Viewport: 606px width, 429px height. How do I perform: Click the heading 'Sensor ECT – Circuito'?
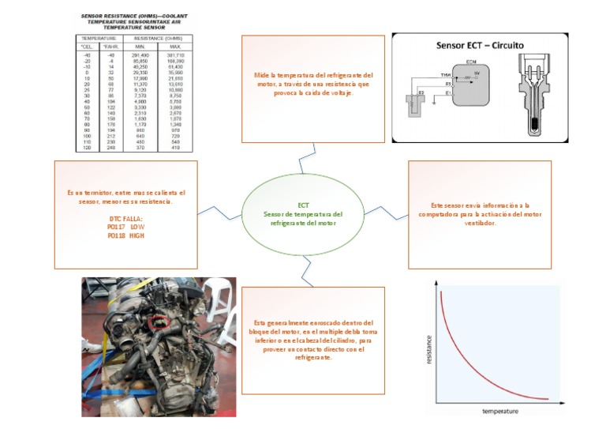tap(480, 45)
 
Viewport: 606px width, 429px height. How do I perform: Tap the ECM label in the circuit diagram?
tap(471, 61)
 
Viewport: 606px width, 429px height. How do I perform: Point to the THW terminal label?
tap(445, 74)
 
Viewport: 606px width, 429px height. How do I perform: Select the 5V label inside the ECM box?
tap(476, 72)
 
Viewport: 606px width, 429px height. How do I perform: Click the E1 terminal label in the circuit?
tap(448, 92)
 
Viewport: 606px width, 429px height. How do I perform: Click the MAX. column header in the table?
tap(174, 46)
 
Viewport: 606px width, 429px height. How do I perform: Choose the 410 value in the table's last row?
tap(174, 147)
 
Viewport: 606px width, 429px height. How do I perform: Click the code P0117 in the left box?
tap(118, 227)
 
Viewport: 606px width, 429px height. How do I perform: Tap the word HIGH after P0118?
tap(137, 235)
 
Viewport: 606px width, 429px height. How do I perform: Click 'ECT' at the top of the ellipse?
tap(304, 205)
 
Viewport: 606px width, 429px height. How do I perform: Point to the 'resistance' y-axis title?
tap(429, 348)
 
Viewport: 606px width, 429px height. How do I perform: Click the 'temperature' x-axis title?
tap(500, 411)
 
